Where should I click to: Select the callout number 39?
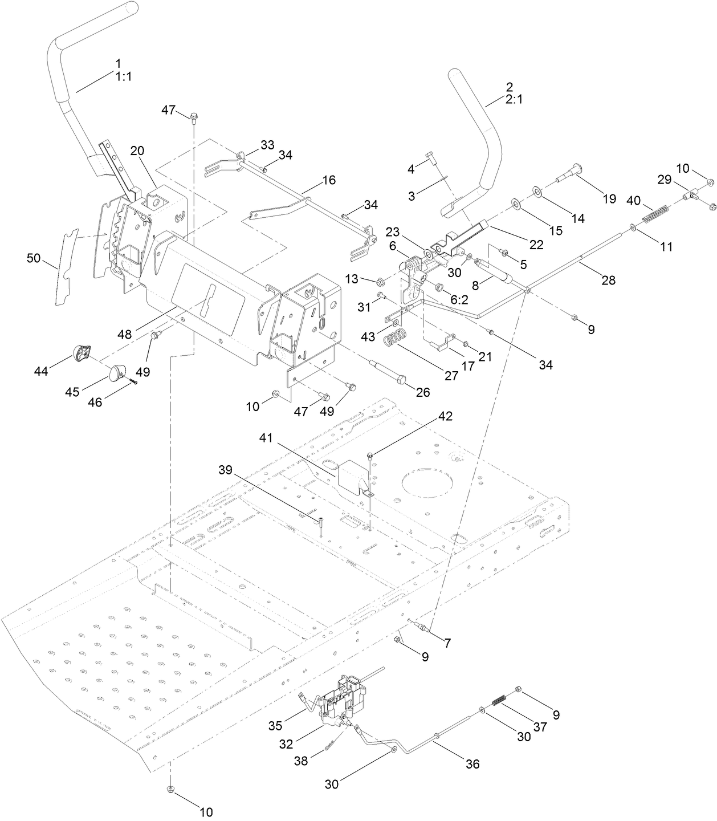coord(226,469)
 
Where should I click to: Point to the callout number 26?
coord(422,392)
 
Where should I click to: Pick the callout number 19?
coord(609,198)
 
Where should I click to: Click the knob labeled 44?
coord(81,353)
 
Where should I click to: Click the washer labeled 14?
coord(538,190)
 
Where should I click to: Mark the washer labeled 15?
coord(516,204)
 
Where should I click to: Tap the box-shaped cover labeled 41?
coord(353,474)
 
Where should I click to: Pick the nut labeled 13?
coord(380,282)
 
